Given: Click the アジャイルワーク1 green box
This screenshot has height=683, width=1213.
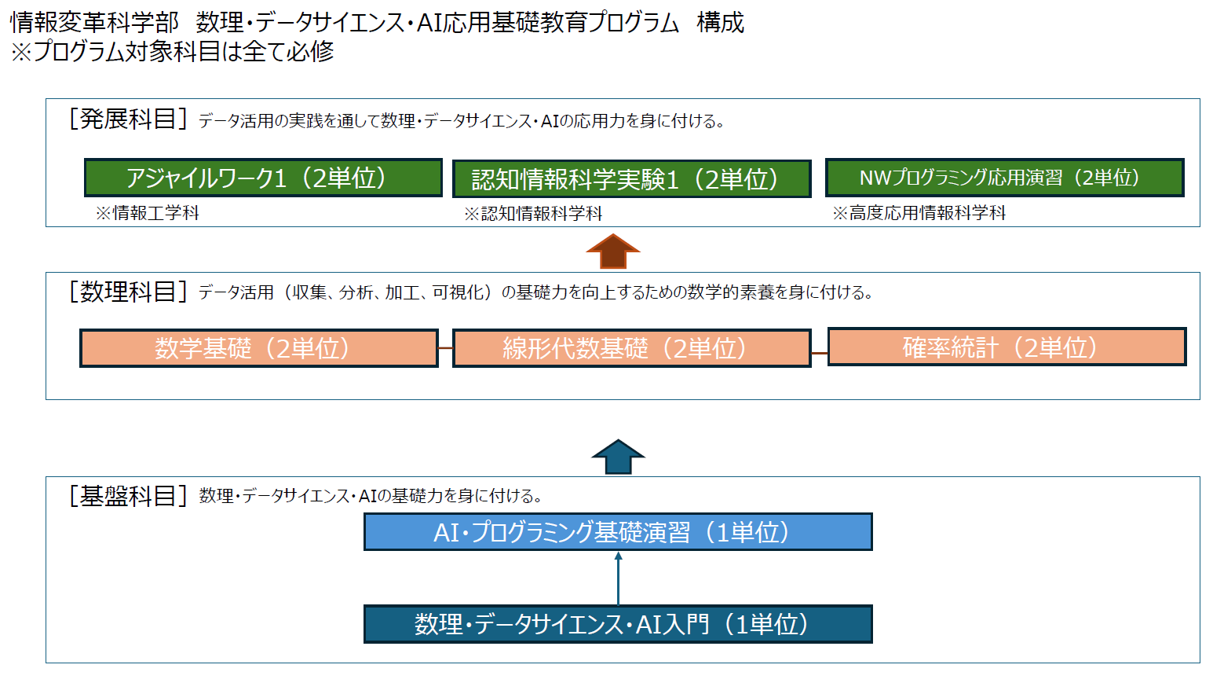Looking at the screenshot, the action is coord(263,178).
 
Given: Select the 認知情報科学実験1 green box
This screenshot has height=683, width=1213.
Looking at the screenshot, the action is coord(631,179).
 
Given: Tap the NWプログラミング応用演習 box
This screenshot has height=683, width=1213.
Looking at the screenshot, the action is coord(1004,178).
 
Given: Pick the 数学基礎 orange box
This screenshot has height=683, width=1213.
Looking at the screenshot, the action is coord(259,348).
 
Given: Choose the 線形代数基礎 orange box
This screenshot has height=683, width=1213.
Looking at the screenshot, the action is coord(631,348).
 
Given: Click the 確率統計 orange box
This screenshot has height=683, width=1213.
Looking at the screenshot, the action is coord(1007,347).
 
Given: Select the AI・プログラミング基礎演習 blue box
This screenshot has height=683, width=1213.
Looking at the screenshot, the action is coord(618,532).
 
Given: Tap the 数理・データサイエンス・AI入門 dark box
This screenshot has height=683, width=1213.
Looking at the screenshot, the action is coord(618,624).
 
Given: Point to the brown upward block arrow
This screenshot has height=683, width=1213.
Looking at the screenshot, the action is coord(613,252).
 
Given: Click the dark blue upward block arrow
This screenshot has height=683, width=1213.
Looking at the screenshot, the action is coord(618,457).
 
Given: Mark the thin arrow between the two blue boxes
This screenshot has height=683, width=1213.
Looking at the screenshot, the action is coord(618,578).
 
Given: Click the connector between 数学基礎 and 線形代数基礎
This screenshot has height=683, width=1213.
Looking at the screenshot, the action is coord(446,348).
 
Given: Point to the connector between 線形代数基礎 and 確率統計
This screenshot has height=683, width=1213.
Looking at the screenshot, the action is coord(820,353).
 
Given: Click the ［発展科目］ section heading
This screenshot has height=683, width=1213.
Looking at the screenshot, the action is coord(128,119).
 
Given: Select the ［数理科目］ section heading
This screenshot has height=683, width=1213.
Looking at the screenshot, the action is coord(128,292).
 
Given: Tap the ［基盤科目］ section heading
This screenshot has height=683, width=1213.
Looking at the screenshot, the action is coord(128,495).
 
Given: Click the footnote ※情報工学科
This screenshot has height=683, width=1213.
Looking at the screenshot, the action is coord(148,213).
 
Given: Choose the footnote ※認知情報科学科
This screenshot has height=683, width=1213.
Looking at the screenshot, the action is coord(533,214).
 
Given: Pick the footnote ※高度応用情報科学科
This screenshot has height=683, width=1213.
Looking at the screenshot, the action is coord(919,213).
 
